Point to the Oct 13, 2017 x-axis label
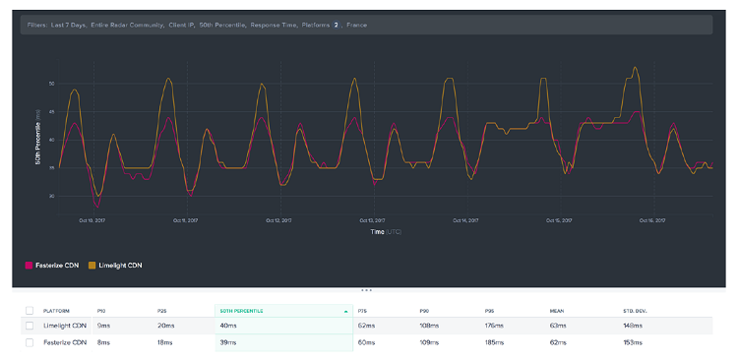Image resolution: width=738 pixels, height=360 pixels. coord(371,220)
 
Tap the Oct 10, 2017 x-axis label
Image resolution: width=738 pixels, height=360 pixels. coord(92,220)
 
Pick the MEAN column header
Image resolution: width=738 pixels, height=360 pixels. coord(557,311)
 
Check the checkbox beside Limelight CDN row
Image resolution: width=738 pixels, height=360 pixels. coord(30,325)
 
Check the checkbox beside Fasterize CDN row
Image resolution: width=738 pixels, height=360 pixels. coord(30,342)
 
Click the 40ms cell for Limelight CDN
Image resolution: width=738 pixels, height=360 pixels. coord(228,325)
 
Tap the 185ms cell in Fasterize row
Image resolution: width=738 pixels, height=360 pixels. coord(494,342)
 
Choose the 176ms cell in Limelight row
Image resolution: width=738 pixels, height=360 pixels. coord(494,325)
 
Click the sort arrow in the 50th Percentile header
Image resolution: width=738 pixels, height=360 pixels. coord(345,311)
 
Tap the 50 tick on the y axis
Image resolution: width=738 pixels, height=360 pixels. coord(52,84)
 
